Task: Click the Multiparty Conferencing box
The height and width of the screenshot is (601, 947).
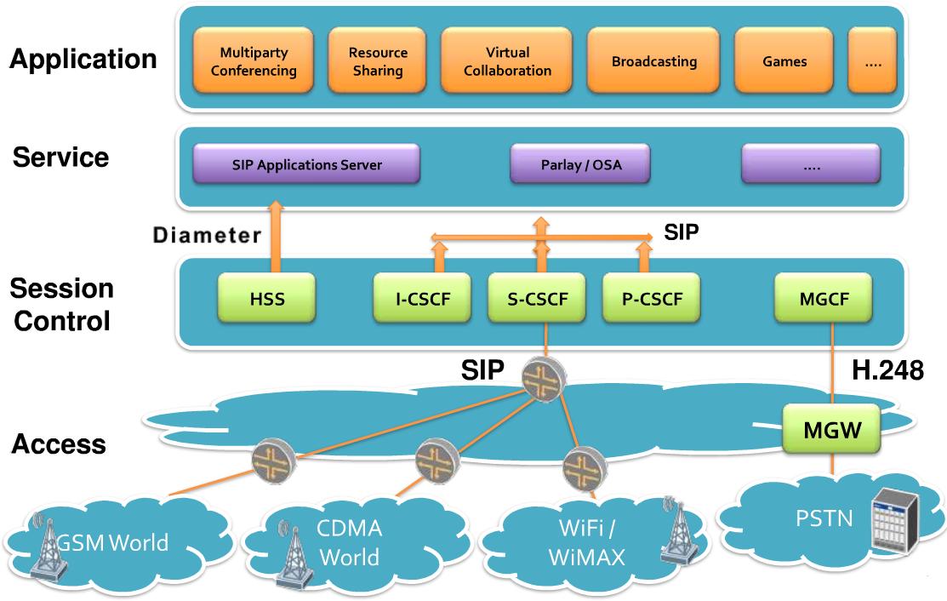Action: [254, 61]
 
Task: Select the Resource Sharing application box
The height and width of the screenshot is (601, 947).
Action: [377, 61]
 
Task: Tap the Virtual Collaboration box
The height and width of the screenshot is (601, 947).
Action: [508, 61]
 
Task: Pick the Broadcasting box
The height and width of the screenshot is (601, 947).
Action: [653, 61]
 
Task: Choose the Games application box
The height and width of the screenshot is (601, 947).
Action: [784, 61]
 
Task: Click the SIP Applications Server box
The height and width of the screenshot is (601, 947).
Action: [306, 164]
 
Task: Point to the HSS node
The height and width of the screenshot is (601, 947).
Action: [266, 299]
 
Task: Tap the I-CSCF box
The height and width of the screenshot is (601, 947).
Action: [423, 299]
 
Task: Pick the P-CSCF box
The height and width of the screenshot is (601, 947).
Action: [652, 299]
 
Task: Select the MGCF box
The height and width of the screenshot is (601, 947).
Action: [824, 299]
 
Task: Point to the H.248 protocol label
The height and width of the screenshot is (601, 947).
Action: [887, 370]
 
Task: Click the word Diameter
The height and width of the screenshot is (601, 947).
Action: [207, 236]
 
